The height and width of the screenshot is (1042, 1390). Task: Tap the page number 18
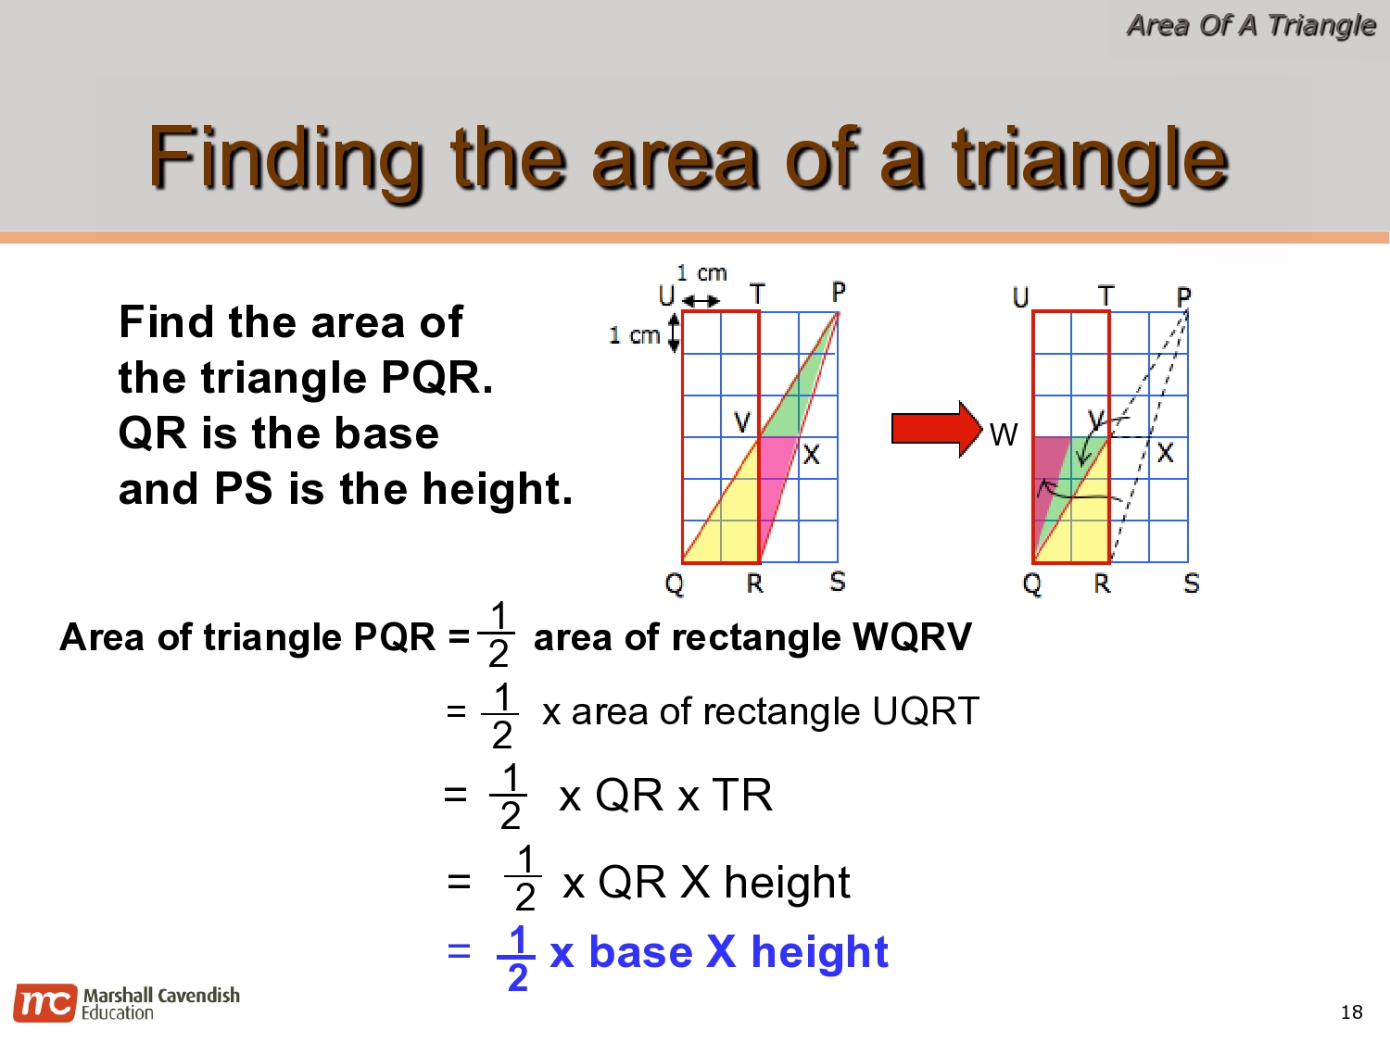1351,1011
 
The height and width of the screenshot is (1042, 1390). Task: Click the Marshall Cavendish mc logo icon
44,1003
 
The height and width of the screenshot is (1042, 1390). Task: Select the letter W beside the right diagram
1004,434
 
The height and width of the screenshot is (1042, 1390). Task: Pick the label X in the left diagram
811,454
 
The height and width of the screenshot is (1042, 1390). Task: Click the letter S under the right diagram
1191,584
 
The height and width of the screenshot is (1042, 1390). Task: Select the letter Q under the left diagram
674,584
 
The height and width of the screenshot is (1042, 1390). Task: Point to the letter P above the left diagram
838,293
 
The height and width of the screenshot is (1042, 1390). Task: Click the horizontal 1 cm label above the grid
701,273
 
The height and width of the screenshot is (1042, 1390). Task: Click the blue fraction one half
517,958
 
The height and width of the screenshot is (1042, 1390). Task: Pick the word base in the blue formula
640,952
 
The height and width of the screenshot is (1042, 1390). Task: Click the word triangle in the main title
1090,159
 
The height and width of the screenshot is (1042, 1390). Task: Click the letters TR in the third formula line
741,795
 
